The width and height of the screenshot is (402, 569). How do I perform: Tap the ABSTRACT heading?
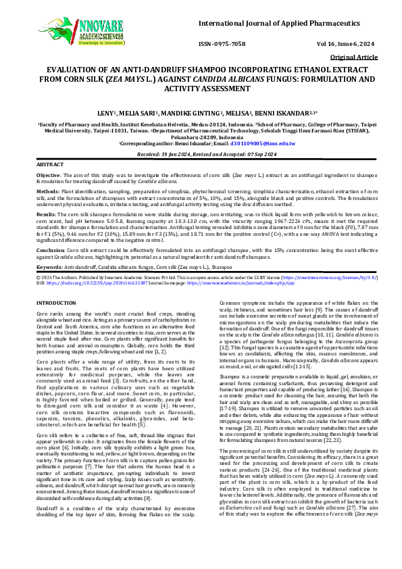(49, 165)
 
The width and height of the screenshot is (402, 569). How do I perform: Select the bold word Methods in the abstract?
(47, 191)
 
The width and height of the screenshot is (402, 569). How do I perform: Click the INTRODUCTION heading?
(56, 302)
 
